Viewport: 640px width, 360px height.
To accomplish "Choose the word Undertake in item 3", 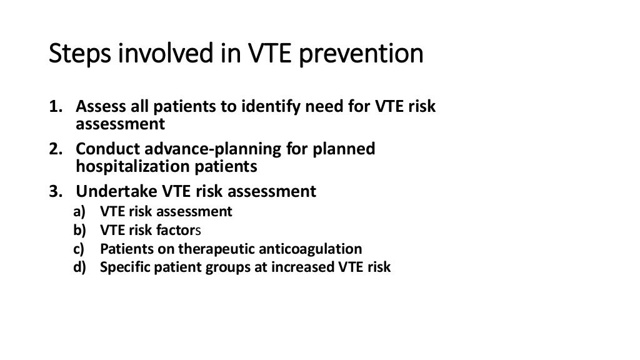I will pyautogui.click(x=112, y=191).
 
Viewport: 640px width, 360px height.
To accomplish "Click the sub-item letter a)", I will pyautogui.click(x=81, y=211).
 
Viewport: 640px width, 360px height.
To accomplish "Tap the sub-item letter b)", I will pyautogui.click(x=81, y=230).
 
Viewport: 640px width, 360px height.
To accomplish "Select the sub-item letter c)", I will pyautogui.click(x=81, y=249).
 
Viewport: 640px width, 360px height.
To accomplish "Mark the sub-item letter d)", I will pyautogui.click(x=81, y=267).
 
